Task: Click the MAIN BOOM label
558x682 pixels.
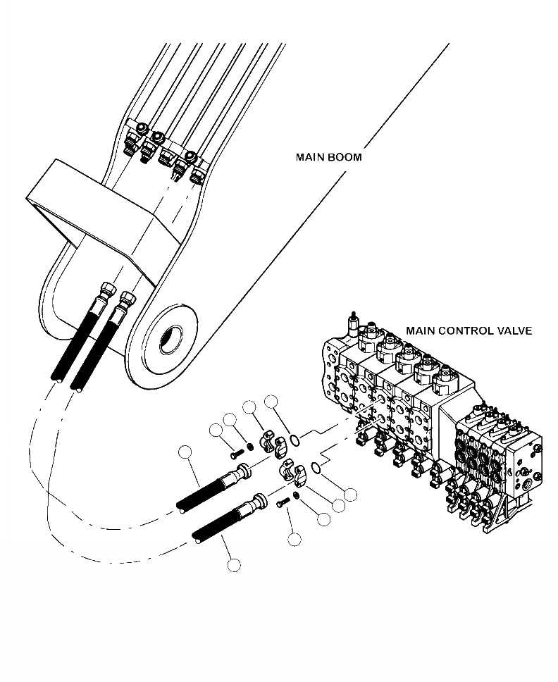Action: point(328,156)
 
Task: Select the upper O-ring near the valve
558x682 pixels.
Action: point(297,440)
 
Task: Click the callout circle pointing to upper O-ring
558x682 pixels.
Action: point(271,402)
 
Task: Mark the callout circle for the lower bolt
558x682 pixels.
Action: point(294,540)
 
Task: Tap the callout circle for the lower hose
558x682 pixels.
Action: point(234,564)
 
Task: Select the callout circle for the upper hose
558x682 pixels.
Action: point(185,452)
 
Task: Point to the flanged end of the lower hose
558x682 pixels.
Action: point(256,503)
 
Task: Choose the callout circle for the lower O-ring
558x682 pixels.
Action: point(350,495)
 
